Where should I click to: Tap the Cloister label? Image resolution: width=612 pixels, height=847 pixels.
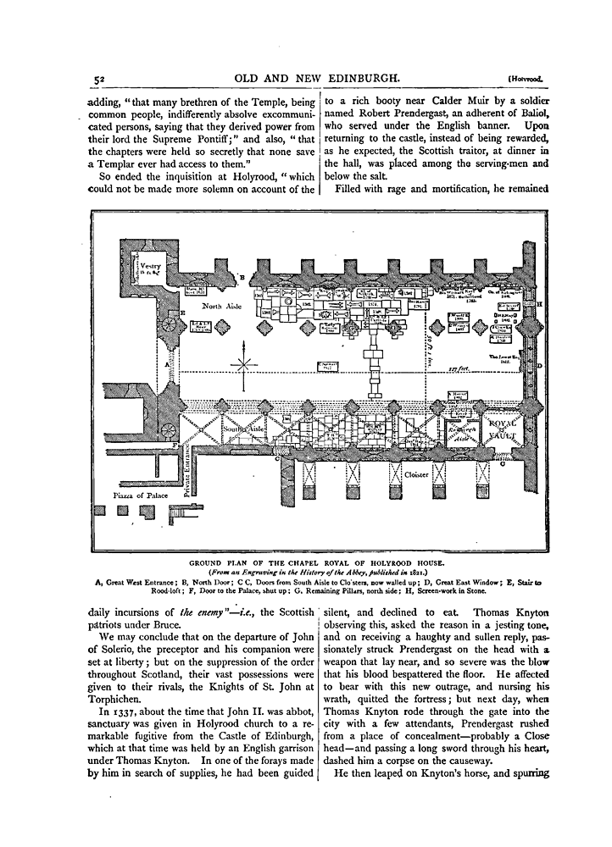click(415, 475)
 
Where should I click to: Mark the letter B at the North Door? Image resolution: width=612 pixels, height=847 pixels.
click(242, 276)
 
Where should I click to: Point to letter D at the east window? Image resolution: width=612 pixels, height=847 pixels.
click(539, 366)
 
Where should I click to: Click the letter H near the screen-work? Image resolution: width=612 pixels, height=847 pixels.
click(539, 303)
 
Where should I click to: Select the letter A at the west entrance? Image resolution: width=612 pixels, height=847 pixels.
click(168, 363)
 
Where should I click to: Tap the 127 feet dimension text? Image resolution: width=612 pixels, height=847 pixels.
click(461, 368)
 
